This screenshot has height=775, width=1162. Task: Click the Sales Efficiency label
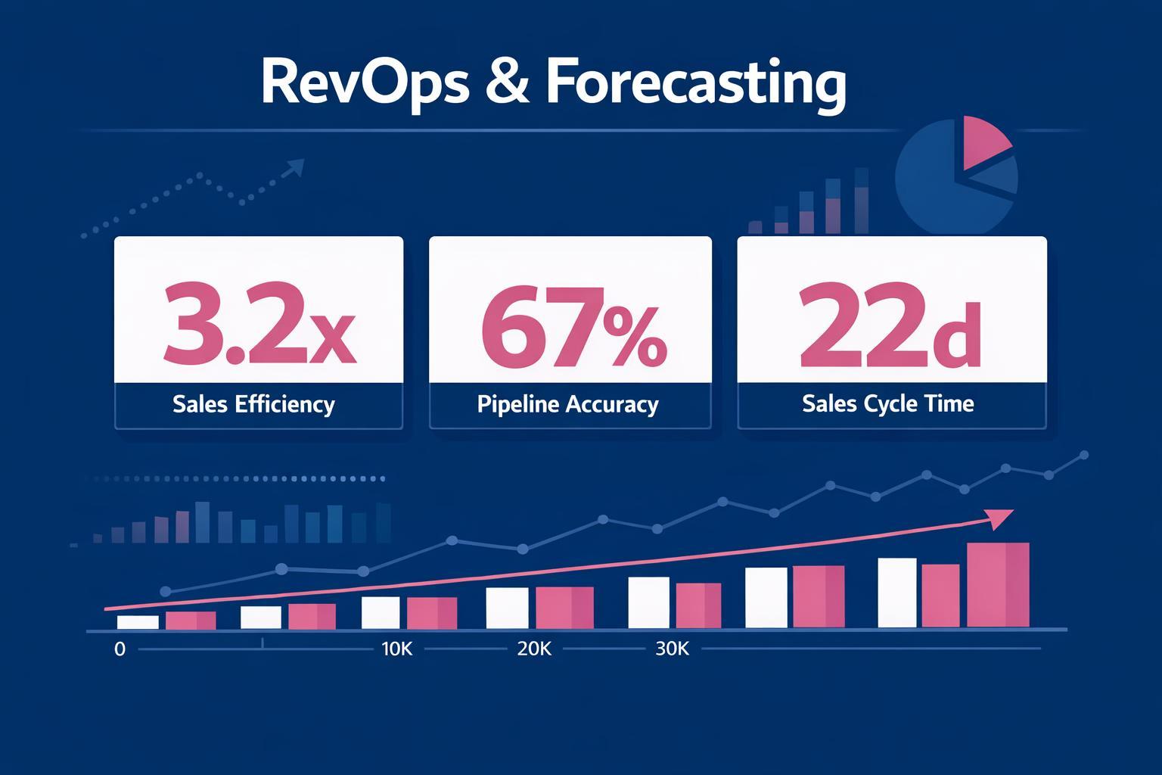[x=253, y=404]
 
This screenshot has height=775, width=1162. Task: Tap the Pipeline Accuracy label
[x=567, y=404]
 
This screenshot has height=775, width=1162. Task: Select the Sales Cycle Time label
[x=888, y=403]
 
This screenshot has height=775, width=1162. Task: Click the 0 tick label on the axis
[x=120, y=649]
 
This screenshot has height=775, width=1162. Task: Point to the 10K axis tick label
[x=397, y=649]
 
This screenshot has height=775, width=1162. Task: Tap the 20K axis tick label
[x=534, y=649]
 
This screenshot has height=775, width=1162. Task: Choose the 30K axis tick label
[x=672, y=649]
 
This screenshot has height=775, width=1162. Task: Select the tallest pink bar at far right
[x=998, y=584]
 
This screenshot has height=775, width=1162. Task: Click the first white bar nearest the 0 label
[x=138, y=621]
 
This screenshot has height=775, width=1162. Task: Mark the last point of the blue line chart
[x=1085, y=455]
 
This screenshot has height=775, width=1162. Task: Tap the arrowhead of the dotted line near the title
[x=296, y=167]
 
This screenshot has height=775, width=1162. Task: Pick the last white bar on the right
[x=897, y=592]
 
